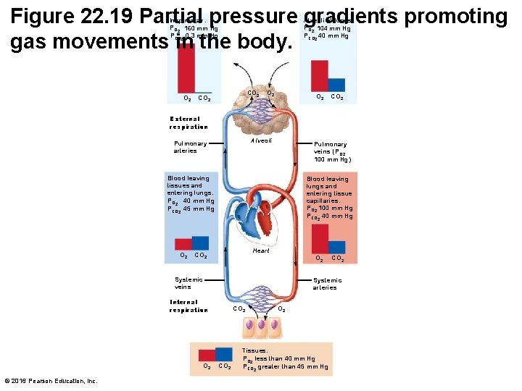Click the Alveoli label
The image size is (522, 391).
(261, 140)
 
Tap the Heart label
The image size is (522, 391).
(261, 251)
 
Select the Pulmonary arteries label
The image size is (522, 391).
(190, 147)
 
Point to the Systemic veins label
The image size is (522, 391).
(188, 283)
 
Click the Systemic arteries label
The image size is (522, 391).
(327, 283)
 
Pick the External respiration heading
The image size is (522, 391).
(188, 122)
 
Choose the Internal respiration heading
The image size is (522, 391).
(188, 306)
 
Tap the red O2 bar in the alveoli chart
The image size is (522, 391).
(319, 75)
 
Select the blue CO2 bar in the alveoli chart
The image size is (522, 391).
(336, 84)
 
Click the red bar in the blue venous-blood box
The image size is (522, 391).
(183, 244)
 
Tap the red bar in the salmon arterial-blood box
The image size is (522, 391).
(319, 239)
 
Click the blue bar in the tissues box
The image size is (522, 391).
(223, 355)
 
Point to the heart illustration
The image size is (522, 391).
(260, 217)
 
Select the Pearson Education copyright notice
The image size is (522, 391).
(51, 381)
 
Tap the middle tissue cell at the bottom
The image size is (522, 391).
(260, 327)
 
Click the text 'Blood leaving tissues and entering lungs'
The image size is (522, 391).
(189, 185)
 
